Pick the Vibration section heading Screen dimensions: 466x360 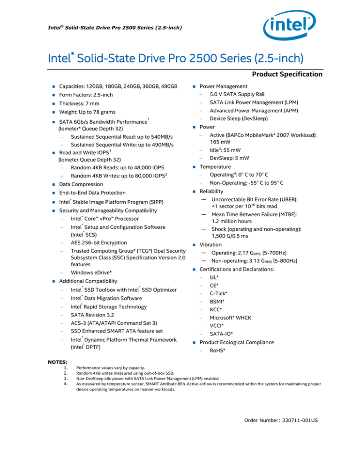pyautogui.click(x=212, y=245)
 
